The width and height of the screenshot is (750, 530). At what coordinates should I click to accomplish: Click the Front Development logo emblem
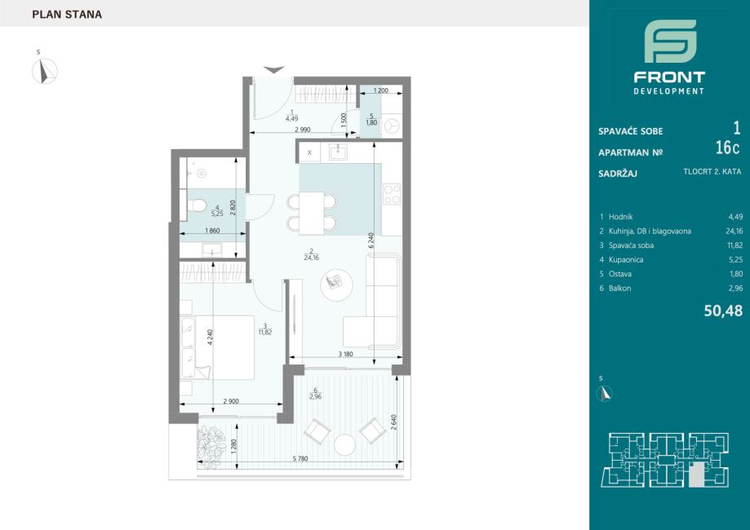coord(670,41)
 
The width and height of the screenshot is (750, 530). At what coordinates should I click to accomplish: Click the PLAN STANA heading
coord(67,15)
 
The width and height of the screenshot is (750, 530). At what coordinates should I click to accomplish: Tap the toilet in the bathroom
coord(196,206)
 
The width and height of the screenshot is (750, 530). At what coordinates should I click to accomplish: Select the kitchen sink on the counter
coord(338,152)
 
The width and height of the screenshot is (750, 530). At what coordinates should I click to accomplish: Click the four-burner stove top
coord(392,195)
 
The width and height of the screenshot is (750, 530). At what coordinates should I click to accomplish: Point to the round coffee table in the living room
coord(337,285)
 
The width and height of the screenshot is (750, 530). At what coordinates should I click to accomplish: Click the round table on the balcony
coord(345,444)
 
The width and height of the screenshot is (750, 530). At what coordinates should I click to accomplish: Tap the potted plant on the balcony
coord(211,446)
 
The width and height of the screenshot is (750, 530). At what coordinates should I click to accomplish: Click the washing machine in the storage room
coord(393,126)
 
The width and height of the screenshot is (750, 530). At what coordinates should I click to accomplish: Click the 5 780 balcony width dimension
coord(300,459)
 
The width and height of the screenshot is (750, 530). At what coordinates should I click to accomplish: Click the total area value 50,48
coord(723,311)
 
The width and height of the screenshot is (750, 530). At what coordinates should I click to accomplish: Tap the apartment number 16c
coord(727,148)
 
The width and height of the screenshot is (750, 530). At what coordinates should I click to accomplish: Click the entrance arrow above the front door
coord(273,70)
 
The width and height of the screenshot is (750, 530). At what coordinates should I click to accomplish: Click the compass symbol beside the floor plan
coord(45,71)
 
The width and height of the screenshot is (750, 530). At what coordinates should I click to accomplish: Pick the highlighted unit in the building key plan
coord(698,475)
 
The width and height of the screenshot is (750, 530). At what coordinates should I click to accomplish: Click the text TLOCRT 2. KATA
coord(712,171)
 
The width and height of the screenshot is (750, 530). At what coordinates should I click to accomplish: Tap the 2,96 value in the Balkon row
coord(735,288)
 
